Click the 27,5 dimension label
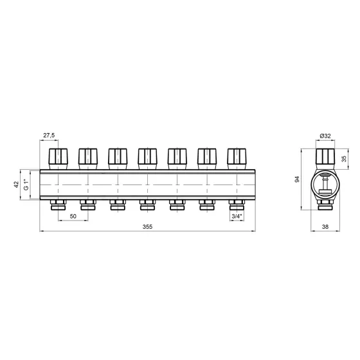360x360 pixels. point(49,136)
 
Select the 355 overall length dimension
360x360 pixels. point(147,227)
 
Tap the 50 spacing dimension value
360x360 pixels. point(73,216)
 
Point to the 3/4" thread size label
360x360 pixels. point(237,216)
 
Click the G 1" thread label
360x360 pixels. point(26,185)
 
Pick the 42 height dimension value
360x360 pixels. point(16,184)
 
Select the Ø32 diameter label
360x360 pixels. point(325,136)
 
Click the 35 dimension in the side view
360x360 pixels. point(344,159)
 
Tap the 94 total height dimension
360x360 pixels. point(297,179)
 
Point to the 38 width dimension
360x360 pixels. point(325,227)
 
